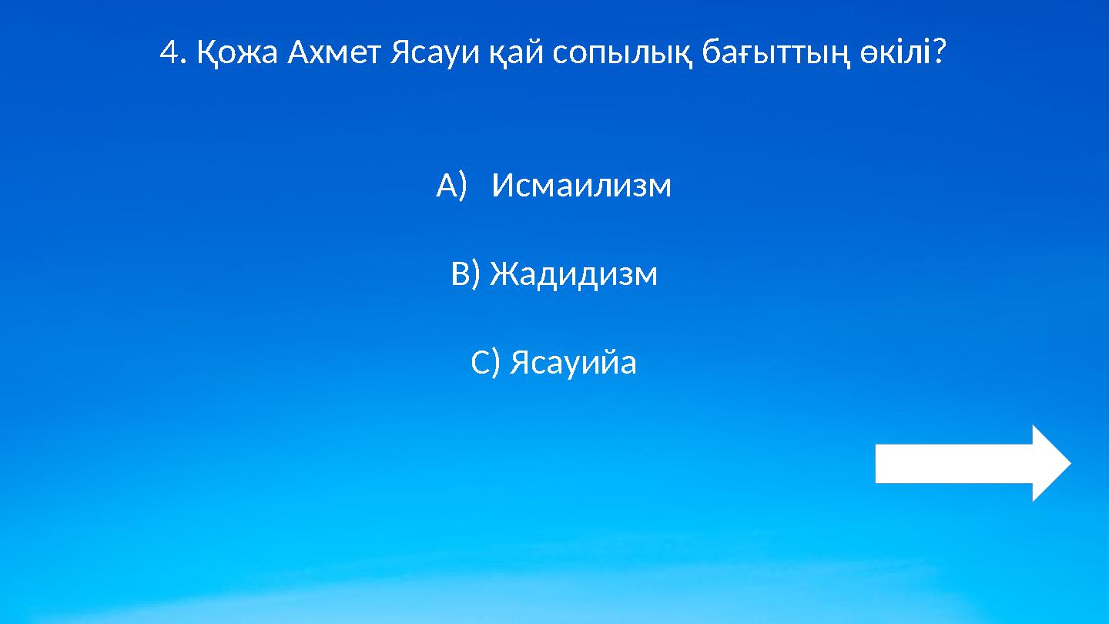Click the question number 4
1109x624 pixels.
(x=169, y=53)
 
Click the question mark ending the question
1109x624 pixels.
(x=939, y=53)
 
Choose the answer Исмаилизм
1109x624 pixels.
(x=581, y=186)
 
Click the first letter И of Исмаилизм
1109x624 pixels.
(x=501, y=186)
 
